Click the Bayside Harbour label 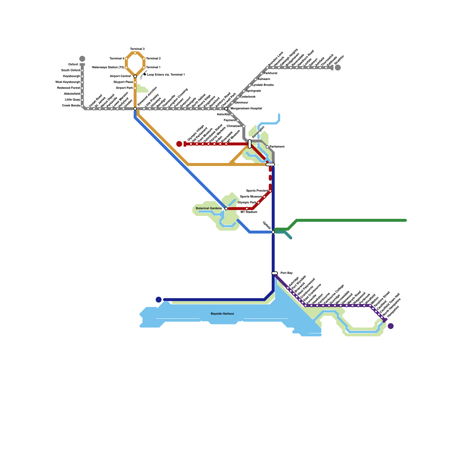pyautogui.click(x=222, y=314)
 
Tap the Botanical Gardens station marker pyautogui.click(x=226, y=209)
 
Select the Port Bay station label pyautogui.click(x=286, y=273)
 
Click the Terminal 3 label pyautogui.click(x=137, y=49)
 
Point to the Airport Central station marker pyautogui.click(x=135, y=76)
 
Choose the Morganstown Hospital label pyautogui.click(x=246, y=109)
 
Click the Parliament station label pyautogui.click(x=277, y=147)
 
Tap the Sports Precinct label pyautogui.click(x=257, y=191)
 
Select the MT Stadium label pyautogui.click(x=249, y=212)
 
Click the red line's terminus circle pyautogui.click(x=179, y=144)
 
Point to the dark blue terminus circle pyautogui.click(x=159, y=300)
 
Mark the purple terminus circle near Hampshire pyautogui.click(x=391, y=326)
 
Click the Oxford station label pyautogui.click(x=73, y=65)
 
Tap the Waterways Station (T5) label pyautogui.click(x=108, y=68)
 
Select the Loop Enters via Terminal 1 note pyautogui.click(x=166, y=75)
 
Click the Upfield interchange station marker pyautogui.click(x=273, y=232)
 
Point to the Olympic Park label pyautogui.click(x=247, y=203)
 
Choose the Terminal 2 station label pyautogui.click(x=153, y=59)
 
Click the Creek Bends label pyautogui.click(x=71, y=106)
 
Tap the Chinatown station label pyautogui.click(x=234, y=126)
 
